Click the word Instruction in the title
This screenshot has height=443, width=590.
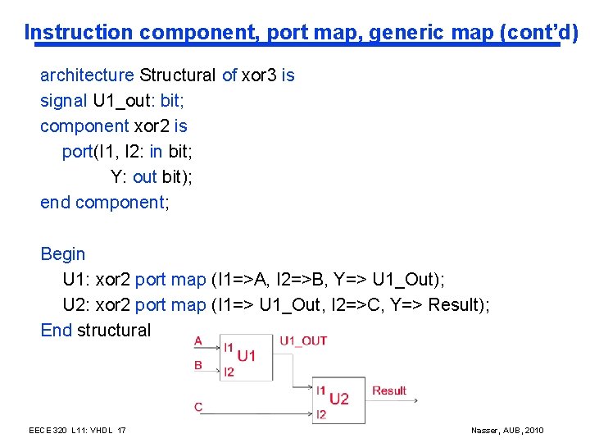tap(79, 33)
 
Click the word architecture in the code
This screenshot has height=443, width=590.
tap(87, 75)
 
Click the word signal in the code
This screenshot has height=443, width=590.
tap(63, 101)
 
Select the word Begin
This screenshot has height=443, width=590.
tap(63, 254)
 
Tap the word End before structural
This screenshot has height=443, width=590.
tap(57, 330)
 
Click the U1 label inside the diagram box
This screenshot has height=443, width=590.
tap(247, 356)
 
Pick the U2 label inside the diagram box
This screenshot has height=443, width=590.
tap(339, 399)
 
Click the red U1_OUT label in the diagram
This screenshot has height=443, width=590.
tap(303, 341)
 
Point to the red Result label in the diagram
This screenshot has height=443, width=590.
tap(389, 390)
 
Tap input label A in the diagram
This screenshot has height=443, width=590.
tap(198, 340)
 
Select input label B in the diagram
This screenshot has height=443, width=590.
tap(198, 365)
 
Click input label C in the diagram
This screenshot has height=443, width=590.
tap(198, 407)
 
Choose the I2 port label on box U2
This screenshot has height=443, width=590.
tap(321, 414)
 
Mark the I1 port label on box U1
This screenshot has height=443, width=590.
tap(229, 348)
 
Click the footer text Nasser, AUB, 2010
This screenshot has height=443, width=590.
tap(507, 431)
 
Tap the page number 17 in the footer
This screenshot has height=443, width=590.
tap(121, 431)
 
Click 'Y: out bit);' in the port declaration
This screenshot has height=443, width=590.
tap(152, 177)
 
